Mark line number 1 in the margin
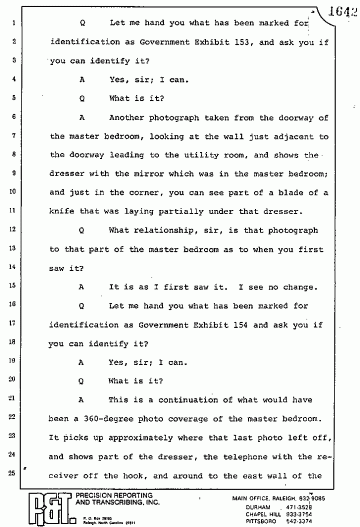(x=14, y=22)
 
